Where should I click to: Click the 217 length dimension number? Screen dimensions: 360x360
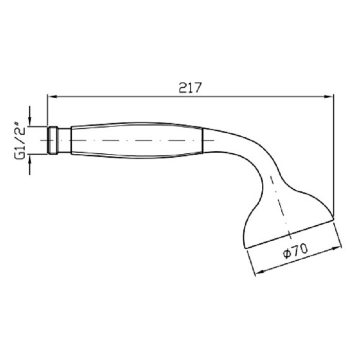click(x=190, y=87)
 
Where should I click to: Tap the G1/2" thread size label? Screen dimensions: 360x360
click(x=20, y=141)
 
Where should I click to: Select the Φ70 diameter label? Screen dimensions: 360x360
click(x=296, y=251)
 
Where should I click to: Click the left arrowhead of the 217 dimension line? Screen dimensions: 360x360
click(x=52, y=97)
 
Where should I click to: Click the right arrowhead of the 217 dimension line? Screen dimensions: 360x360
click(x=329, y=97)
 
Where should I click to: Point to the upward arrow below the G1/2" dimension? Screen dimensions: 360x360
click(x=30, y=165)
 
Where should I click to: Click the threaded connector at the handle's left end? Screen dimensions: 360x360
click(x=52, y=140)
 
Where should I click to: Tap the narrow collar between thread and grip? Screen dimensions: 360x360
click(x=64, y=140)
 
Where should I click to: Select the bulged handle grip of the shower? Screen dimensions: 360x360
click(x=137, y=140)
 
